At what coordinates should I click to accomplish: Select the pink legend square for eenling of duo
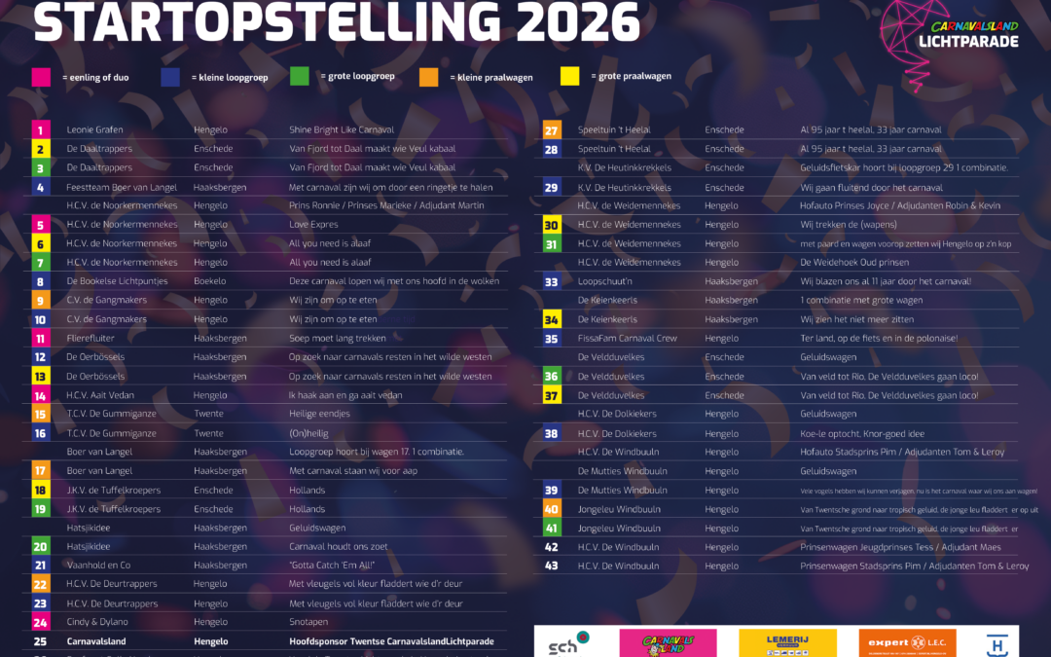pos(41,77)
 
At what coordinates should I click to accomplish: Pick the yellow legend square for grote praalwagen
pos(570,76)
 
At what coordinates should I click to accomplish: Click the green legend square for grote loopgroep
pos(300,77)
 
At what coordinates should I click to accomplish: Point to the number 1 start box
pos(40,129)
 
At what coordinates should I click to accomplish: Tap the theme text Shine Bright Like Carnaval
pos(342,129)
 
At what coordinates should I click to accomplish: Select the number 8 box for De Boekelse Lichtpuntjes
pos(40,281)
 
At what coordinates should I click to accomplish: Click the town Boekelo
pos(209,281)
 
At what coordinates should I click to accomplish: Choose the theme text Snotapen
pos(308,622)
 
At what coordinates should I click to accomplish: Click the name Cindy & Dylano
pos(97,622)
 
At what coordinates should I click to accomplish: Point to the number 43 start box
pos(551,566)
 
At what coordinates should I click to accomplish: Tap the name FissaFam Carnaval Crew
pos(627,339)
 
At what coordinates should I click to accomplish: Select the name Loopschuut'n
pos(606,281)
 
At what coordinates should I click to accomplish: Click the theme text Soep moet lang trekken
pos(338,339)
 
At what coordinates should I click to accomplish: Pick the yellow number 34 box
pos(551,319)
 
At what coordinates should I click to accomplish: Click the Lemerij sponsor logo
pos(787,642)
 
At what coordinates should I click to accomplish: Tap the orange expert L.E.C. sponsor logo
pos(907,642)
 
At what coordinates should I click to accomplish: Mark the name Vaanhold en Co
pos(98,566)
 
